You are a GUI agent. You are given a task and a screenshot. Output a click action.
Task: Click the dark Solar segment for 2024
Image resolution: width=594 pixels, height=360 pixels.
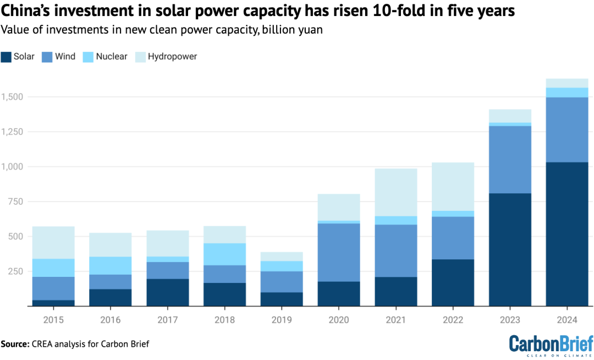tap(566, 234)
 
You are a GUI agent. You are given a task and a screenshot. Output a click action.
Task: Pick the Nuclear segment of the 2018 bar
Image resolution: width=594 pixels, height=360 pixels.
tap(224, 254)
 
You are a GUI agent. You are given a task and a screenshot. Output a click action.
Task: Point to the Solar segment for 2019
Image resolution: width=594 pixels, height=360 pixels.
tap(282, 299)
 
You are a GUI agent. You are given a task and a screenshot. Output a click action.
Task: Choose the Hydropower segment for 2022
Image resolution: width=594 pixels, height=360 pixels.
tap(453, 187)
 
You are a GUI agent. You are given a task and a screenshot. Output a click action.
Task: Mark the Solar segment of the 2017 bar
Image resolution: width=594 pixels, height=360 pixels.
tap(167, 292)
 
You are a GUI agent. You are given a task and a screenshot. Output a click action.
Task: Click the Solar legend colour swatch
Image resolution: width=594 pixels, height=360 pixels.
tap(7, 56)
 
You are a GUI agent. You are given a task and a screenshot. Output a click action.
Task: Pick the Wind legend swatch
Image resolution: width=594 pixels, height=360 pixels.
tap(47, 56)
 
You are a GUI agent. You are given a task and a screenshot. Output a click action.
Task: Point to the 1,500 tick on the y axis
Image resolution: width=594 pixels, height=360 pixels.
tap(13, 97)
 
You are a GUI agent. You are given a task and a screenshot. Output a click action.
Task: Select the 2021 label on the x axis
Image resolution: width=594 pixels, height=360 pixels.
tap(396, 319)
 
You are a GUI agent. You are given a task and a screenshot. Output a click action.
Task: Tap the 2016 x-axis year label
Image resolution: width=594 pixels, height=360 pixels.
tap(110, 319)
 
